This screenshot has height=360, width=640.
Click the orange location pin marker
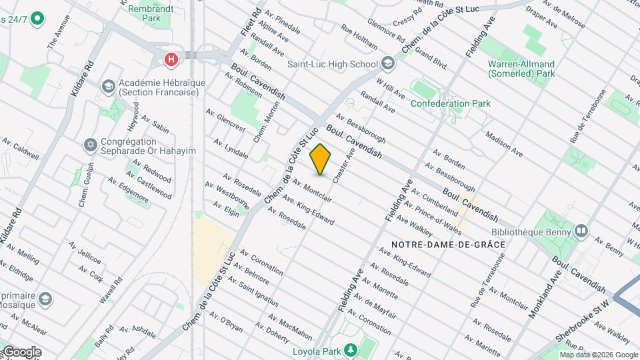321,159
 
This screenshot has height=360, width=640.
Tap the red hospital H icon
172,60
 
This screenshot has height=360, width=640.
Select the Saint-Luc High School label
333,65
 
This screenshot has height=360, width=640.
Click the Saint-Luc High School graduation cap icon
388,64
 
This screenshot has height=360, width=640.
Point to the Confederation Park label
450,103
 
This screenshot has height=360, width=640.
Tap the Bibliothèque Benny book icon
581,231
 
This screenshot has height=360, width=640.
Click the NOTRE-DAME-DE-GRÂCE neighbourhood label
447,245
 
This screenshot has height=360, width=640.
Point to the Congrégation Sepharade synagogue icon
89,145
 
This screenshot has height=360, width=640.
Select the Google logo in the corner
22,351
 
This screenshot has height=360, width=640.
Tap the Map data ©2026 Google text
599,355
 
